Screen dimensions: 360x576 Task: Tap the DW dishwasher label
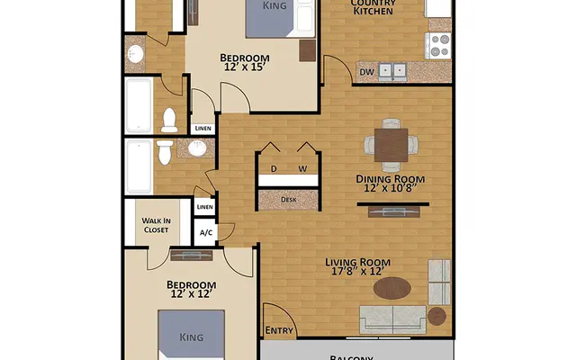coord(367,72)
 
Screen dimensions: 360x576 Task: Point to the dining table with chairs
coord(390,144)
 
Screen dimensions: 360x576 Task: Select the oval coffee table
coord(392,288)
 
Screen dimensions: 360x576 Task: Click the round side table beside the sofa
coord(436,316)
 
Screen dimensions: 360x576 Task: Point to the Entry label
coord(280,331)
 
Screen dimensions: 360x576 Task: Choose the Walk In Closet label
coord(157,225)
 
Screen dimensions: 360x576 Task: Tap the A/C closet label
coord(205,233)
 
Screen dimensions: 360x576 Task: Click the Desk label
coord(288,200)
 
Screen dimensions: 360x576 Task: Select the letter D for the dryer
coord(274,168)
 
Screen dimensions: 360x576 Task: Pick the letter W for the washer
coord(302,168)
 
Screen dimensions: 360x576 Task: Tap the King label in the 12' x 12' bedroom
coord(191,338)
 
